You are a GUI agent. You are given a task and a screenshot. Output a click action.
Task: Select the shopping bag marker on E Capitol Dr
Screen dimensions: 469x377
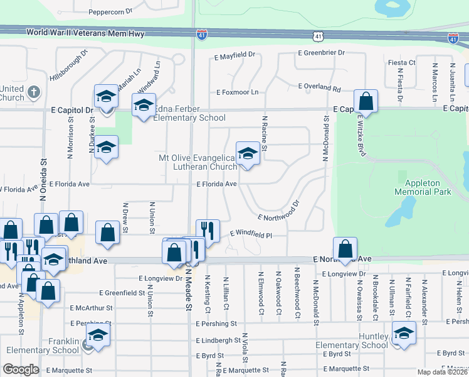[x=365, y=101]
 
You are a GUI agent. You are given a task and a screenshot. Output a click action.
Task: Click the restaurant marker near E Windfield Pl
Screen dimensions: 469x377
[x=208, y=230]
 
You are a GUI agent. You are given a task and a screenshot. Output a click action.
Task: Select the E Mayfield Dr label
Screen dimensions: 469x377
[x=234, y=56]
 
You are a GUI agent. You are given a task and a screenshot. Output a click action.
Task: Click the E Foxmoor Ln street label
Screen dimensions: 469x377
[x=237, y=92]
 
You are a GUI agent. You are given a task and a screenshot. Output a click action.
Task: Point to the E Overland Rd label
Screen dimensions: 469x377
[x=319, y=87]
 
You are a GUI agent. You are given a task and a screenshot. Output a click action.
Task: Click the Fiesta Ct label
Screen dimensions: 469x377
[x=402, y=63]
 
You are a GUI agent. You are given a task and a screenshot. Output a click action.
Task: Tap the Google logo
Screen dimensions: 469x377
[x=21, y=369]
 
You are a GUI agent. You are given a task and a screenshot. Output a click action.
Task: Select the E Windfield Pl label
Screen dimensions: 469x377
[x=250, y=234]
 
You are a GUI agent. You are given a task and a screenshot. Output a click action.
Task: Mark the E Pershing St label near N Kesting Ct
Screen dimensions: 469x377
[x=216, y=324]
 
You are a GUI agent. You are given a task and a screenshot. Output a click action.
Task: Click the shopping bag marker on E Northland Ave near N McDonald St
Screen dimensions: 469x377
[x=345, y=248]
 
